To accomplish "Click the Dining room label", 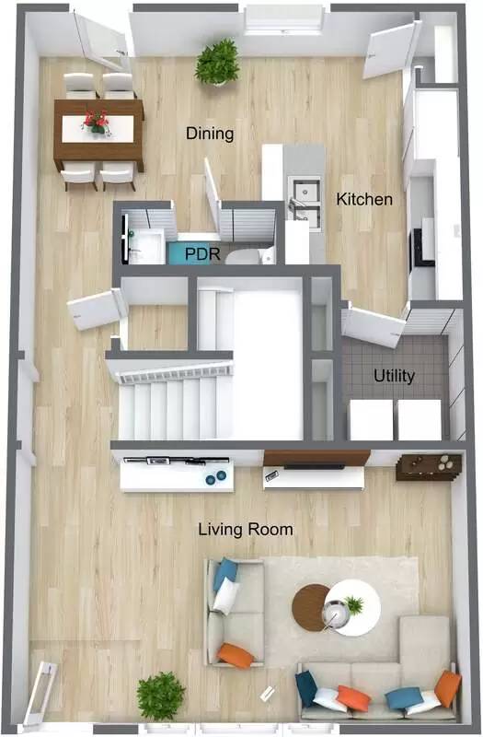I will pos(210,134).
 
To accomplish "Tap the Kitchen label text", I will pos(363,199).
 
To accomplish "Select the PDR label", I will pos(201,252).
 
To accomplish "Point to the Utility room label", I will pos(393,376).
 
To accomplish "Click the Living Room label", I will pos(247,529).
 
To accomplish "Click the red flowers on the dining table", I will pos(96,121).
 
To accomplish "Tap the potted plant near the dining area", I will pos(217,63).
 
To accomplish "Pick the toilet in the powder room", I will pos(245,254).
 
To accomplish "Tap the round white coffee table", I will pos(354,607).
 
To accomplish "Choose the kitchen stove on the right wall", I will pos(422,246).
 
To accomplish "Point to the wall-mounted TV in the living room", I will pos(316,459).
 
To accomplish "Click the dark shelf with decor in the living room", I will pos(429,465).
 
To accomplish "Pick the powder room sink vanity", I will pos(145,241).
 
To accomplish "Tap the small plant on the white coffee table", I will pos(353,605).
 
